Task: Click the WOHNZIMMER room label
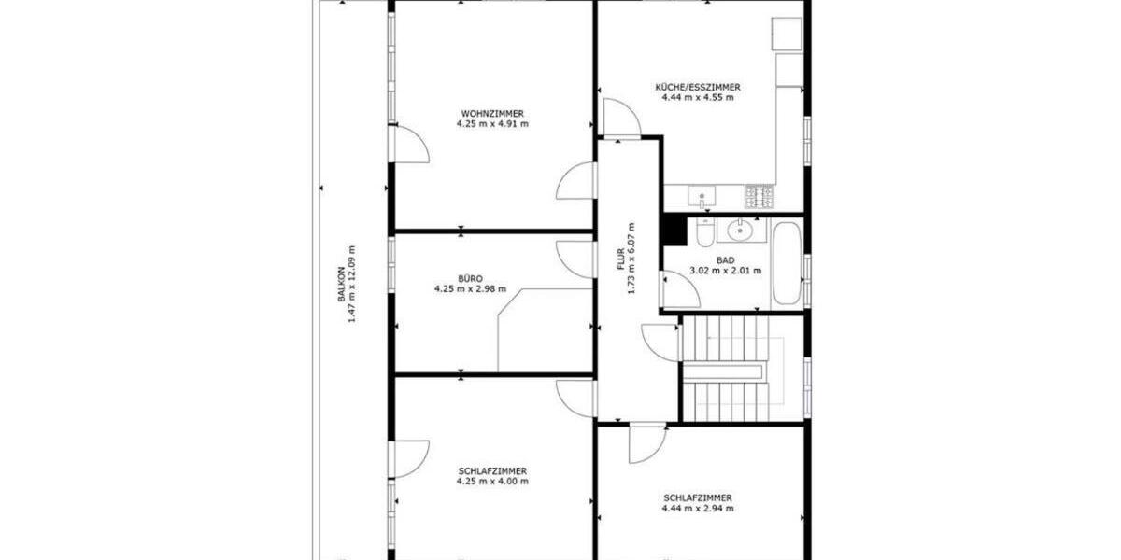[492, 113]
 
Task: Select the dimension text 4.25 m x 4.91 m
[492, 123]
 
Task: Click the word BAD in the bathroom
[725, 260]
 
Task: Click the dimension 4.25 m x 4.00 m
[492, 482]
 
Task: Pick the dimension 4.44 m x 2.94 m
[698, 509]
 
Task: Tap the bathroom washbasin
[742, 230]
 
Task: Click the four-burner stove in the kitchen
[759, 197]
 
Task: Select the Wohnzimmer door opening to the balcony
[409, 145]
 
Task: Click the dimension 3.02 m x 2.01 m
[725, 271]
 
